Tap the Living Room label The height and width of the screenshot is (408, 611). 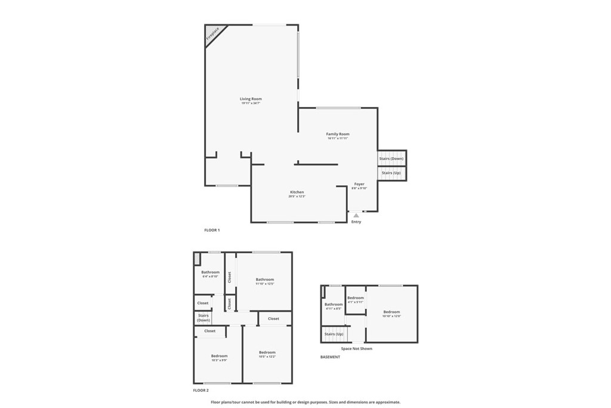tap(251, 99)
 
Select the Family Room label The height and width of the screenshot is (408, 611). tap(337, 134)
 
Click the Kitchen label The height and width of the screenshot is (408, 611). tap(297, 192)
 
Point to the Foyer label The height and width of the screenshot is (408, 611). tap(359, 184)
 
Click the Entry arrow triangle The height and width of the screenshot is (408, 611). tap(356, 215)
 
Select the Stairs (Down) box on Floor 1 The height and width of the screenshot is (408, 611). tap(391, 158)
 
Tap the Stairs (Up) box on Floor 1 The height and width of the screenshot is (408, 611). tap(391, 173)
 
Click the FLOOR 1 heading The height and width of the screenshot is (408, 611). tap(212, 230)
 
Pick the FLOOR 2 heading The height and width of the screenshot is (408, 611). tap(201, 391)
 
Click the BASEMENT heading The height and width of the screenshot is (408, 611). tap(330, 357)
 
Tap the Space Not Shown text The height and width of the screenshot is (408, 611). tap(356, 348)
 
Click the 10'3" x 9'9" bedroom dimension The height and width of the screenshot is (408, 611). tap(219, 360)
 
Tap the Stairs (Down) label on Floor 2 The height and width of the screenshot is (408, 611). tap(203, 318)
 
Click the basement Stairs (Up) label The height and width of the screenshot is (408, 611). tap(334, 334)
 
